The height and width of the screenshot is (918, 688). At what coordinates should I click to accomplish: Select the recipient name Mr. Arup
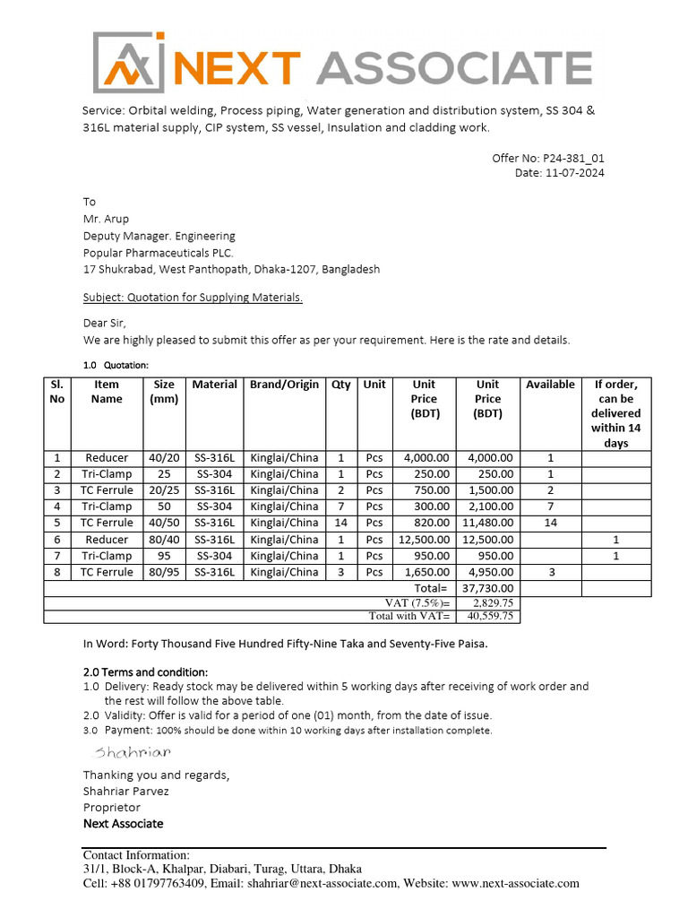pos(106,219)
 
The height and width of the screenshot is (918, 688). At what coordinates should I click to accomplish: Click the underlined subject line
pos(193,298)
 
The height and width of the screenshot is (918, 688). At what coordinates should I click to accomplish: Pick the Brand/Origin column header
pos(284,385)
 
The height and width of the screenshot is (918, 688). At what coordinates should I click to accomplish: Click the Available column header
pos(550,385)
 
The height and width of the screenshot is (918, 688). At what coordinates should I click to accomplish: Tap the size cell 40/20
pos(164,458)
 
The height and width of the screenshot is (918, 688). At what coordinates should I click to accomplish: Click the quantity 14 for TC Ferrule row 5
pos(341,523)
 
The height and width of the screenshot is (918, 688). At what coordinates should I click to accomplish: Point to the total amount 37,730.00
pos(487,588)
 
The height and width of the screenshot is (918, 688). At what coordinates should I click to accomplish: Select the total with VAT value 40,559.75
pos(487,617)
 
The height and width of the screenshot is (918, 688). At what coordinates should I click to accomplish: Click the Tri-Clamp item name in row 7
pos(107,556)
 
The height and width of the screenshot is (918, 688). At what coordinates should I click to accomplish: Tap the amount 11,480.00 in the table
pos(487,523)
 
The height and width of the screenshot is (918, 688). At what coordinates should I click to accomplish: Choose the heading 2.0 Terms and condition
pos(145,671)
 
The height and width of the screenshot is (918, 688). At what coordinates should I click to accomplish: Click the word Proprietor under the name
pos(112,807)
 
